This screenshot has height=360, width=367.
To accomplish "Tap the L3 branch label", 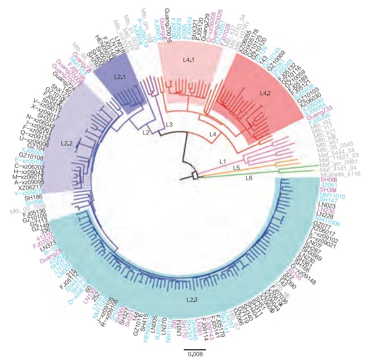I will (169, 125).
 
